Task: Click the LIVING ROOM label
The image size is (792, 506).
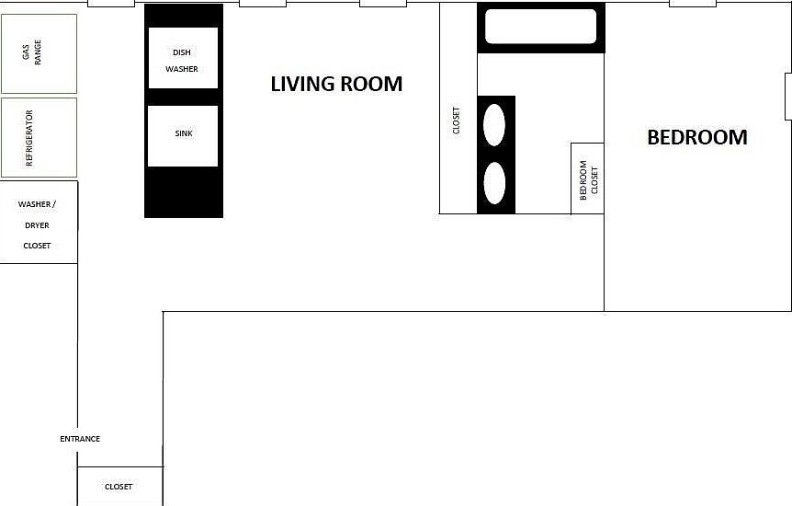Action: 336,84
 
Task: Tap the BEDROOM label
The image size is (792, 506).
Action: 696,137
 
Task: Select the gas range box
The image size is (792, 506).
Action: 39,53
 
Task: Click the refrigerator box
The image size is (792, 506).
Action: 39,138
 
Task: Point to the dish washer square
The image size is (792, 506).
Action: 182,58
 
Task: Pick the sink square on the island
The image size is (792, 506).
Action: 183,135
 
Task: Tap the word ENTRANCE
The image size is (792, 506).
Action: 80,439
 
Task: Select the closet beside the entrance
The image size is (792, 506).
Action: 119,486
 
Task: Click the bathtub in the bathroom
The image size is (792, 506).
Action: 541,27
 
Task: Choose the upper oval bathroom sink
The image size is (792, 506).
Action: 494,124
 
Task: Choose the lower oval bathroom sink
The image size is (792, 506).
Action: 494,183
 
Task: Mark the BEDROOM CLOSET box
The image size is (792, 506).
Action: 588,179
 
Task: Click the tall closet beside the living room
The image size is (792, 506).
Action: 458,120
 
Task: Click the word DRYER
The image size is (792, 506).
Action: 38,224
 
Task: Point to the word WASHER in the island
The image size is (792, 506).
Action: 182,69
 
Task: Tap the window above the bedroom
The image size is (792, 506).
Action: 692,4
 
